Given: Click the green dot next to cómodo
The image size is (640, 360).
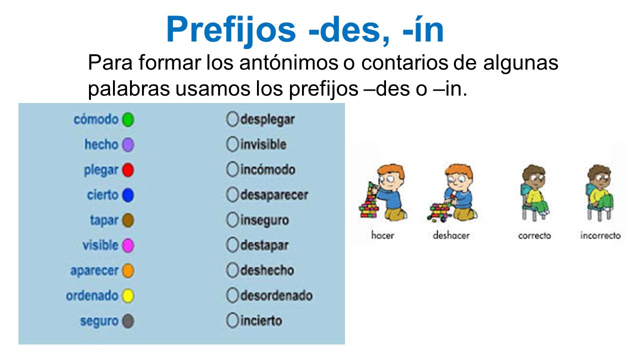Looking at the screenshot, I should [128, 120].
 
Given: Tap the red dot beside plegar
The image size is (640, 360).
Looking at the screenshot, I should [128, 170].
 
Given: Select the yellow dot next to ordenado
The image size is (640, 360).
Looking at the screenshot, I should [128, 296].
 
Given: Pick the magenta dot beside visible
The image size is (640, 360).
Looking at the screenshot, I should [128, 245].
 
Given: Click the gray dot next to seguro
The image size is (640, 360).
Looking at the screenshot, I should [128, 321].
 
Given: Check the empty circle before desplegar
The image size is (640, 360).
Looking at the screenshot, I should [232, 119].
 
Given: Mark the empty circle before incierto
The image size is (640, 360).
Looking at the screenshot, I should [232, 320].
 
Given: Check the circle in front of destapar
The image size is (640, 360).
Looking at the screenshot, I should [232, 245].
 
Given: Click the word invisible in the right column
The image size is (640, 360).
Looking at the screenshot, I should [263, 144].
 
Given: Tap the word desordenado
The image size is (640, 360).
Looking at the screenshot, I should [276, 295].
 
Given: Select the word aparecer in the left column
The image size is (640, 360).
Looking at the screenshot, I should [94, 270].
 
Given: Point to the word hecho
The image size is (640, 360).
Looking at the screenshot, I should [101, 145].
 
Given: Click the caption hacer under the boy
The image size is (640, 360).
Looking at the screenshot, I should [382, 235].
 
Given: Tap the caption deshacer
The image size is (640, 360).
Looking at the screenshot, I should [451, 235].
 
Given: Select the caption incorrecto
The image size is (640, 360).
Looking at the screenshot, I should [600, 235].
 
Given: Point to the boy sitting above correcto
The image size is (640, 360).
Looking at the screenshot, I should [533, 192].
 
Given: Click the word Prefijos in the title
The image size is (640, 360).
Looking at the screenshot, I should [231, 29].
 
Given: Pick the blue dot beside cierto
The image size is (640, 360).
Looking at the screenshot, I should [128, 195].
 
